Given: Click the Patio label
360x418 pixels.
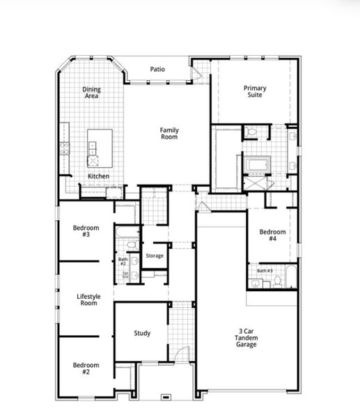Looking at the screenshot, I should click(x=157, y=70).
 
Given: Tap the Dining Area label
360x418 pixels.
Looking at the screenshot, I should click(x=91, y=93).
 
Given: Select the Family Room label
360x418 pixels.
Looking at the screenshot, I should click(x=169, y=133).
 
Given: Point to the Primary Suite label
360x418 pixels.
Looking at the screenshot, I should click(x=255, y=92).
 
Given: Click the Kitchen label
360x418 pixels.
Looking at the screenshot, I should click(x=98, y=176).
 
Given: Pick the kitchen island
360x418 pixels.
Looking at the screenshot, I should click(x=100, y=147).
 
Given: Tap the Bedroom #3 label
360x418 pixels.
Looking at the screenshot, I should click(x=86, y=231).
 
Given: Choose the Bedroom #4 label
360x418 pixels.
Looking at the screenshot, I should click(x=273, y=235).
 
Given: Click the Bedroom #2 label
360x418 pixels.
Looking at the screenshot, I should click(x=86, y=369).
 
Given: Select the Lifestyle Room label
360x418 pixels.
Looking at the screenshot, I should click(x=88, y=300).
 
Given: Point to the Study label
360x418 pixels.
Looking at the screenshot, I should click(x=142, y=333).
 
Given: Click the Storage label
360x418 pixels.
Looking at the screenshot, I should click(x=155, y=256).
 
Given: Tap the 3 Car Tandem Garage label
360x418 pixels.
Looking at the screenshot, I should click(x=246, y=339).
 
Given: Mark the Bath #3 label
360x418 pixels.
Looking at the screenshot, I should click(x=265, y=270).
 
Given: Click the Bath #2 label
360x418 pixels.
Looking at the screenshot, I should click(x=123, y=261).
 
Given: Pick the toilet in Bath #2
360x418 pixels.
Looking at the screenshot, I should click(x=131, y=245).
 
